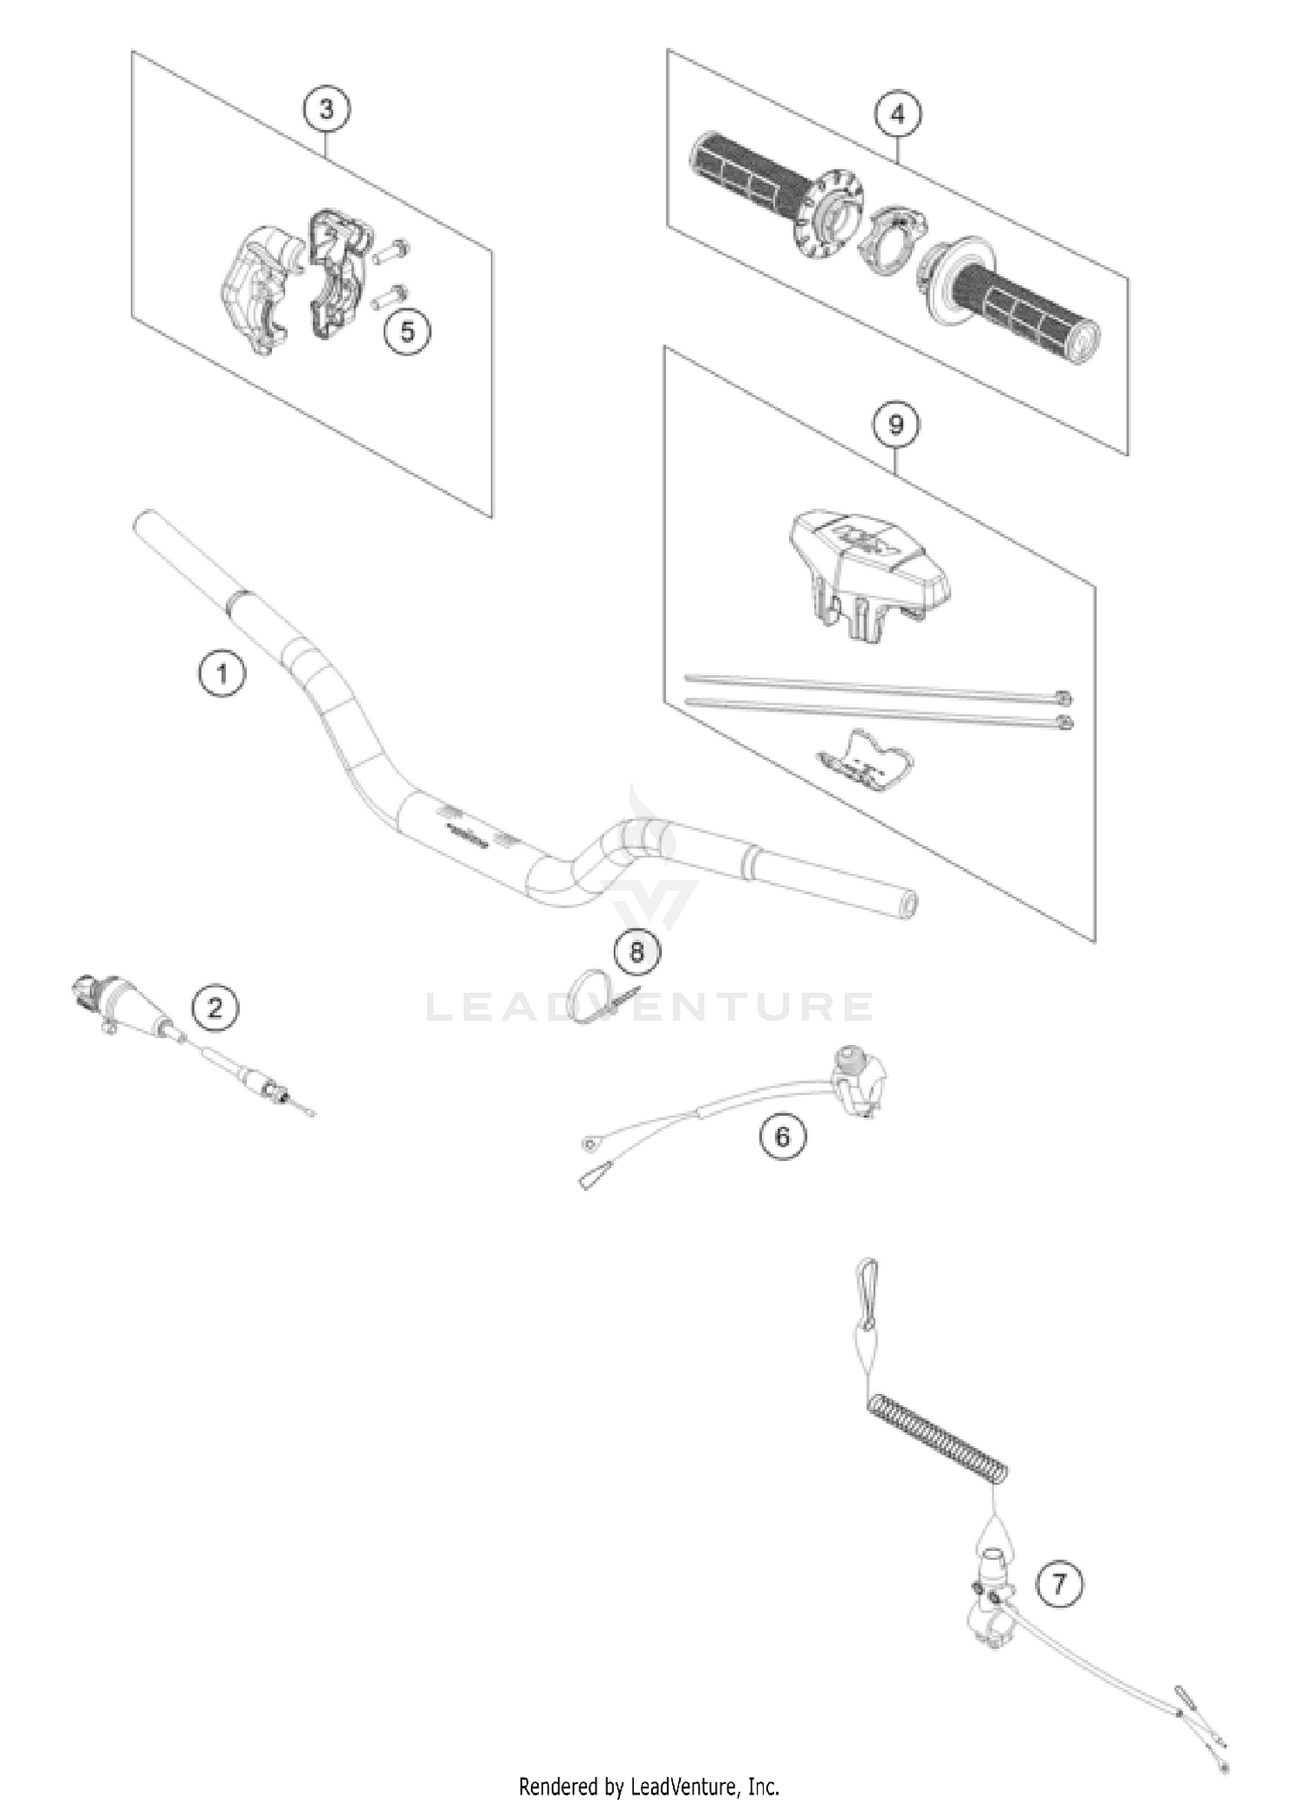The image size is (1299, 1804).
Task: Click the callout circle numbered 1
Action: (x=222, y=672)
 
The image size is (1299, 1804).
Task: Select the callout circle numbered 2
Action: (x=214, y=1007)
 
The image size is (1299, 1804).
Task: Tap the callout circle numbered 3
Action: (x=326, y=109)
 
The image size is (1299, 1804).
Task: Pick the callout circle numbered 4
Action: (x=897, y=114)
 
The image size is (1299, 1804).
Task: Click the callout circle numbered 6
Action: (x=782, y=1136)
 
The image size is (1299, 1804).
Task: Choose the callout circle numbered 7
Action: (x=1059, y=1585)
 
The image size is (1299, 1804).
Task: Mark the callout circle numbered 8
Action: (x=637, y=952)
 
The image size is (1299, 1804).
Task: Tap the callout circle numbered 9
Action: (x=895, y=425)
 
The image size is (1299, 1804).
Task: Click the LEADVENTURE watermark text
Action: (x=649, y=1007)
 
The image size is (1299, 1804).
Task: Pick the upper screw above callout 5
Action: (x=391, y=252)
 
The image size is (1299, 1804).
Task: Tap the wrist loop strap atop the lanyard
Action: (x=868, y=1285)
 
